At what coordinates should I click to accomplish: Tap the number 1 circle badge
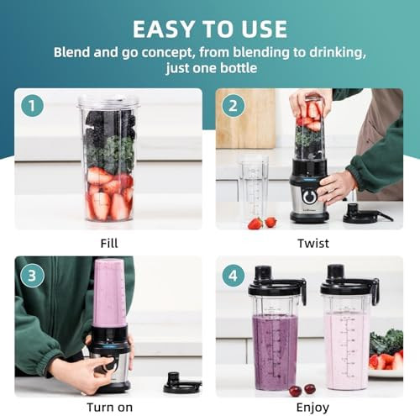34,107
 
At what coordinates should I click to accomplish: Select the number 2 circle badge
234,107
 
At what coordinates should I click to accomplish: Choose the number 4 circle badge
234,275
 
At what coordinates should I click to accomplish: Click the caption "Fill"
108,243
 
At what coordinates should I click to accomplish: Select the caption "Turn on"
108,406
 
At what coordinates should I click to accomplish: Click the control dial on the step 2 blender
309,196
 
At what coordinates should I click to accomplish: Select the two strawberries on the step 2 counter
261,223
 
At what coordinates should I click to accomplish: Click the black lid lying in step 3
181,385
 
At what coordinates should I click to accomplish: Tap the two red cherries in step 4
302,389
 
